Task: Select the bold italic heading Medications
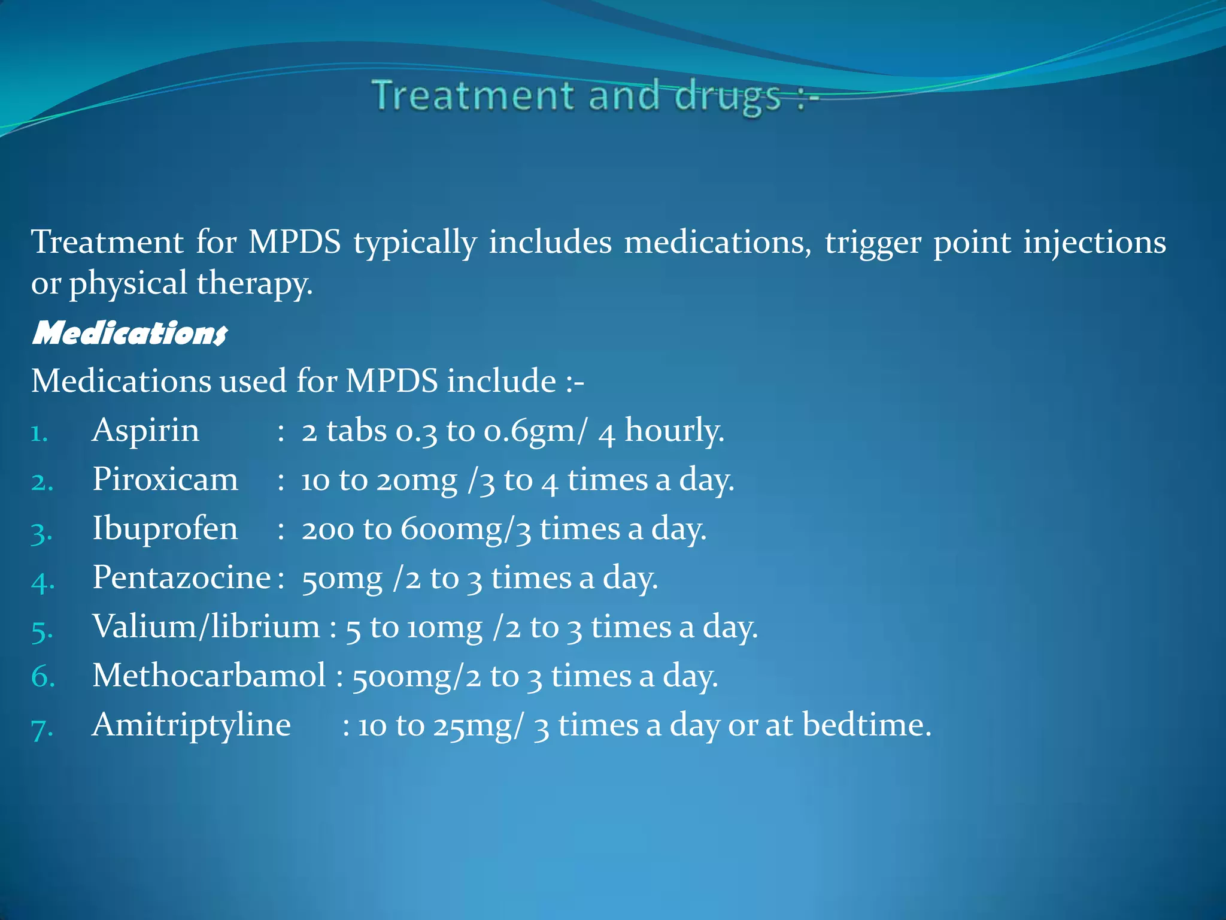[129, 333]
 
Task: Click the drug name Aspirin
[145, 431]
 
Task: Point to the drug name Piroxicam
[165, 480]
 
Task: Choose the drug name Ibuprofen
[165, 529]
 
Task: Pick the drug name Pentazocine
[181, 578]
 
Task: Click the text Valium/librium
[207, 627]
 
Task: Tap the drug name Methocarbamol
[209, 676]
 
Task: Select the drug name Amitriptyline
[192, 725]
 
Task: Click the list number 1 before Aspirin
[40, 433]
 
